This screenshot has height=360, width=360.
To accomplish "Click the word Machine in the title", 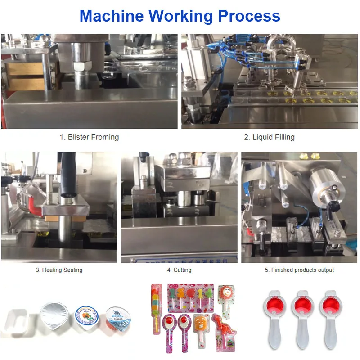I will pyautogui.click(x=111, y=16).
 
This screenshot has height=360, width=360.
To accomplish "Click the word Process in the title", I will pyautogui.click(x=249, y=16).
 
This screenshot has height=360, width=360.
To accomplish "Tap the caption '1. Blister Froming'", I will pyautogui.click(x=90, y=137).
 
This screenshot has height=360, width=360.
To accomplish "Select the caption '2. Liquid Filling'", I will pyautogui.click(x=269, y=137).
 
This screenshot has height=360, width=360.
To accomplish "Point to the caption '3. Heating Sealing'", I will pyautogui.click(x=59, y=270).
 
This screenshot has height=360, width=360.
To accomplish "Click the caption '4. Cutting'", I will pyautogui.click(x=179, y=270).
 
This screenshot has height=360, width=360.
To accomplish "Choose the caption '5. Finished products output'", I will pyautogui.click(x=299, y=270).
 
